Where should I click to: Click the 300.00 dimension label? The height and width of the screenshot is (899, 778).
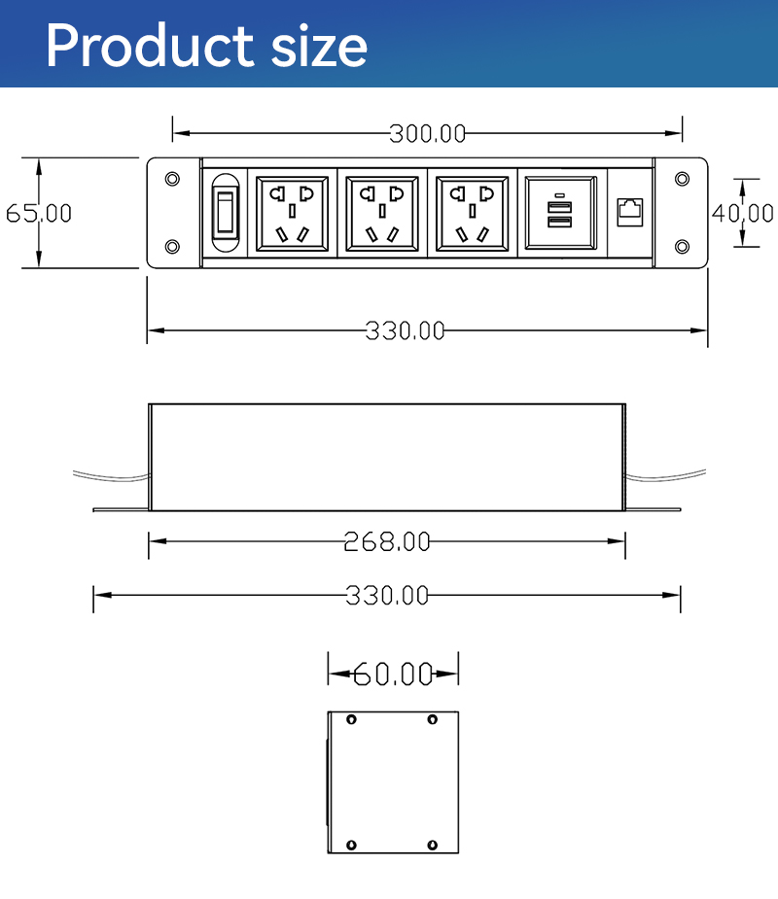428,133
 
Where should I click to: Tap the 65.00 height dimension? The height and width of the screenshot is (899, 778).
39,213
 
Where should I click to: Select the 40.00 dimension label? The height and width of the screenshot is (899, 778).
742,213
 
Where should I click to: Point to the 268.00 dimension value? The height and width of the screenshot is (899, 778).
387,541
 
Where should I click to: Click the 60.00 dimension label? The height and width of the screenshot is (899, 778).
393,674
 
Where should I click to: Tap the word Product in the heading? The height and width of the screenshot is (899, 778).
150,46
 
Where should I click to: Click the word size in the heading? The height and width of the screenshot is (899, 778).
319,49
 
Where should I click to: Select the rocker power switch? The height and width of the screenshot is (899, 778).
226,213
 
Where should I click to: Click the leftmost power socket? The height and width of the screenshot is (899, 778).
292,214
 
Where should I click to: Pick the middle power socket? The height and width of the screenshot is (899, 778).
382,214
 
